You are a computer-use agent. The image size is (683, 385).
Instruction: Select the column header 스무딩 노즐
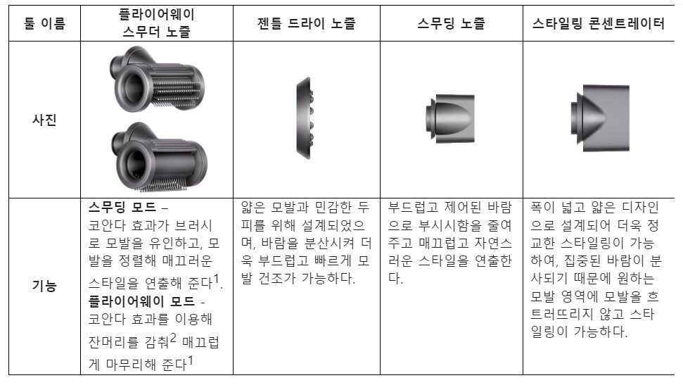click(450, 23)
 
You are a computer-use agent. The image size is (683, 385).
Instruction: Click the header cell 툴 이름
click(44, 23)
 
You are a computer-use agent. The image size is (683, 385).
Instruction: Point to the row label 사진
click(44, 119)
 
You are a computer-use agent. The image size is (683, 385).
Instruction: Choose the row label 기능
click(44, 286)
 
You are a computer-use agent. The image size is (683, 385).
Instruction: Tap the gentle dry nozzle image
click(304, 118)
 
